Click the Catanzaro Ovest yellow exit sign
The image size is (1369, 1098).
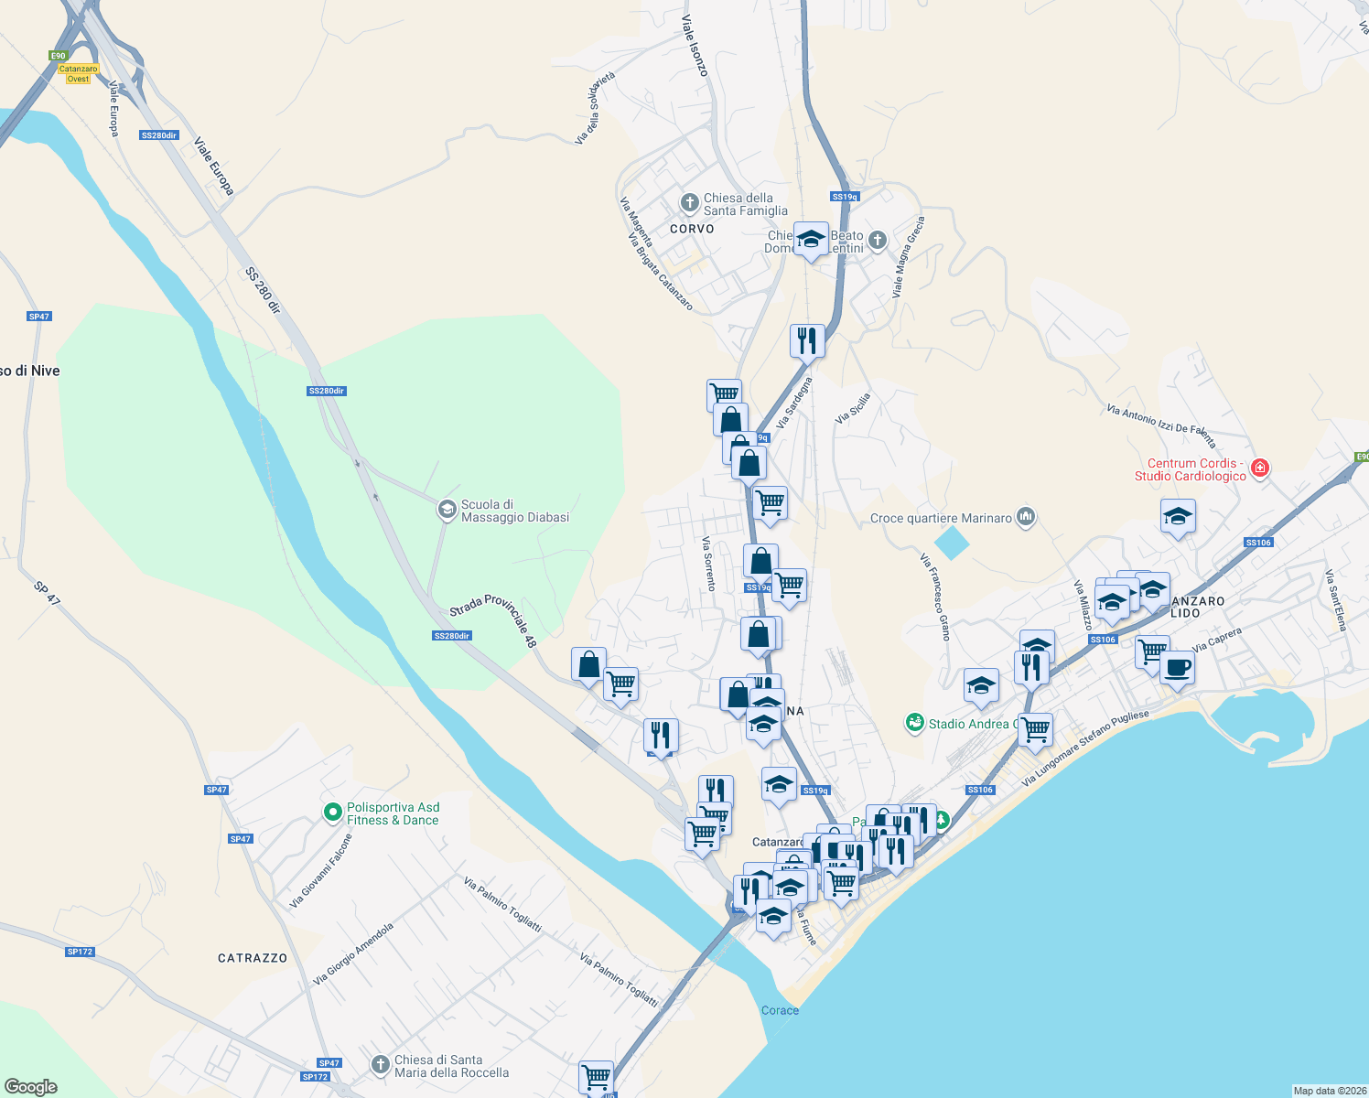point(78,73)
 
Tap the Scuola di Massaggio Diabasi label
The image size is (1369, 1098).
point(514,511)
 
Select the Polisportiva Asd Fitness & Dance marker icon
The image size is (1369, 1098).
point(333,813)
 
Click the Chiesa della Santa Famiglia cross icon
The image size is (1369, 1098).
point(689,202)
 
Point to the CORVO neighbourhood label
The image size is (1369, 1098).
point(692,229)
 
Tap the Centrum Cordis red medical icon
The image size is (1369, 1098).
point(1260,468)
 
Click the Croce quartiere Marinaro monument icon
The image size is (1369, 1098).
point(1025,518)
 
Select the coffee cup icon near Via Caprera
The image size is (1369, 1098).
point(1177,667)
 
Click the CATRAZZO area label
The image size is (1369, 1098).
point(253,958)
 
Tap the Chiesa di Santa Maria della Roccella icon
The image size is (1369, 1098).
point(380,1065)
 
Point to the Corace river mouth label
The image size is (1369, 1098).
point(780,1010)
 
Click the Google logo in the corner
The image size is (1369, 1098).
point(31,1086)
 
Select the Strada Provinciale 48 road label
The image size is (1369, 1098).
point(493,619)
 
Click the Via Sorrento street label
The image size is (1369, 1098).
point(707,563)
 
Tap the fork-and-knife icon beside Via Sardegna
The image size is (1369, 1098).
point(806,340)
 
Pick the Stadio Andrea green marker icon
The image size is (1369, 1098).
point(914,724)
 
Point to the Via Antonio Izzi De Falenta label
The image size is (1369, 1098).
point(1160,425)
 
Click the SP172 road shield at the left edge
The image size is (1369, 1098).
point(80,952)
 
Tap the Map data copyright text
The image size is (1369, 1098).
point(1328,1091)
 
